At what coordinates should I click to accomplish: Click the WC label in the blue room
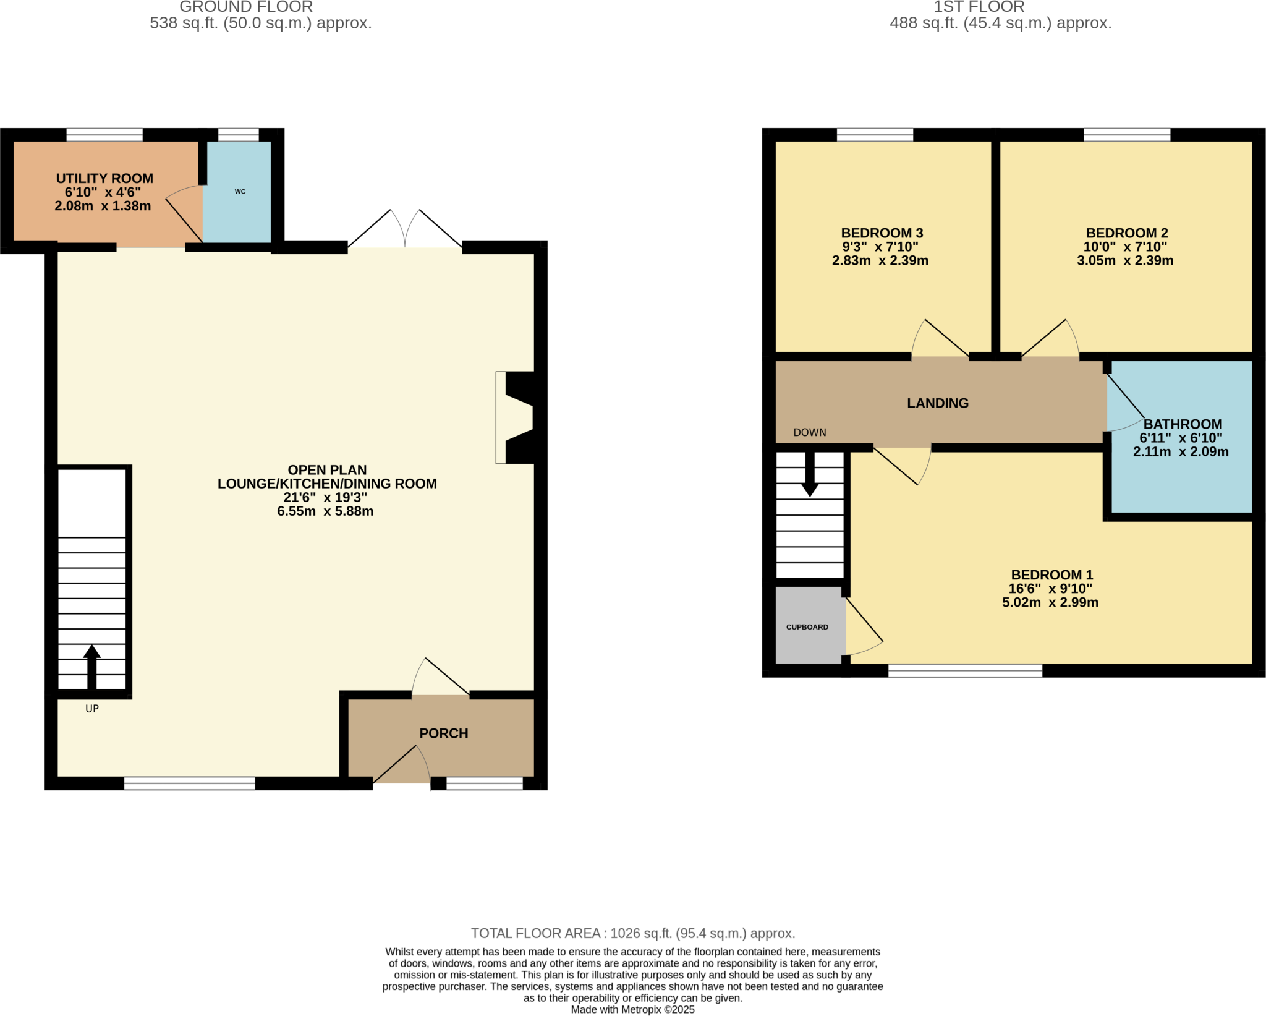pyautogui.click(x=240, y=192)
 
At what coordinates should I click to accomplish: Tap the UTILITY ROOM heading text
pyautogui.click(x=104, y=179)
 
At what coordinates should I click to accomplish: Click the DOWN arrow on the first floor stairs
pyautogui.click(x=810, y=476)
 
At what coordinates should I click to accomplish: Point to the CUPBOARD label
pyautogui.click(x=807, y=627)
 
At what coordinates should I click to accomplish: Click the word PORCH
pyautogui.click(x=443, y=733)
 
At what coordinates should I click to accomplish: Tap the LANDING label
pyautogui.click(x=937, y=403)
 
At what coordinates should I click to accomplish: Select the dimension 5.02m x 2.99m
pyautogui.click(x=1050, y=602)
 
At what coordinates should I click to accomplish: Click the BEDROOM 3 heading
pyautogui.click(x=882, y=233)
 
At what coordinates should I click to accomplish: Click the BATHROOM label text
pyautogui.click(x=1182, y=424)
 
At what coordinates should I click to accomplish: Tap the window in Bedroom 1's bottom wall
pyautogui.click(x=965, y=671)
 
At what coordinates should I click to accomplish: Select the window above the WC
pyautogui.click(x=238, y=135)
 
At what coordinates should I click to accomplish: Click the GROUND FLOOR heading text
pyautogui.click(x=246, y=7)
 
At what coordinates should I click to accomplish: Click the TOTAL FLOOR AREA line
pyautogui.click(x=632, y=933)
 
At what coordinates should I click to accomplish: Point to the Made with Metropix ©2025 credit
pyautogui.click(x=632, y=1010)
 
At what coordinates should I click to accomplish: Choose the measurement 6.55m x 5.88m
pyautogui.click(x=325, y=511)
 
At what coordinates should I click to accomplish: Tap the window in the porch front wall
pyautogui.click(x=484, y=783)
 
